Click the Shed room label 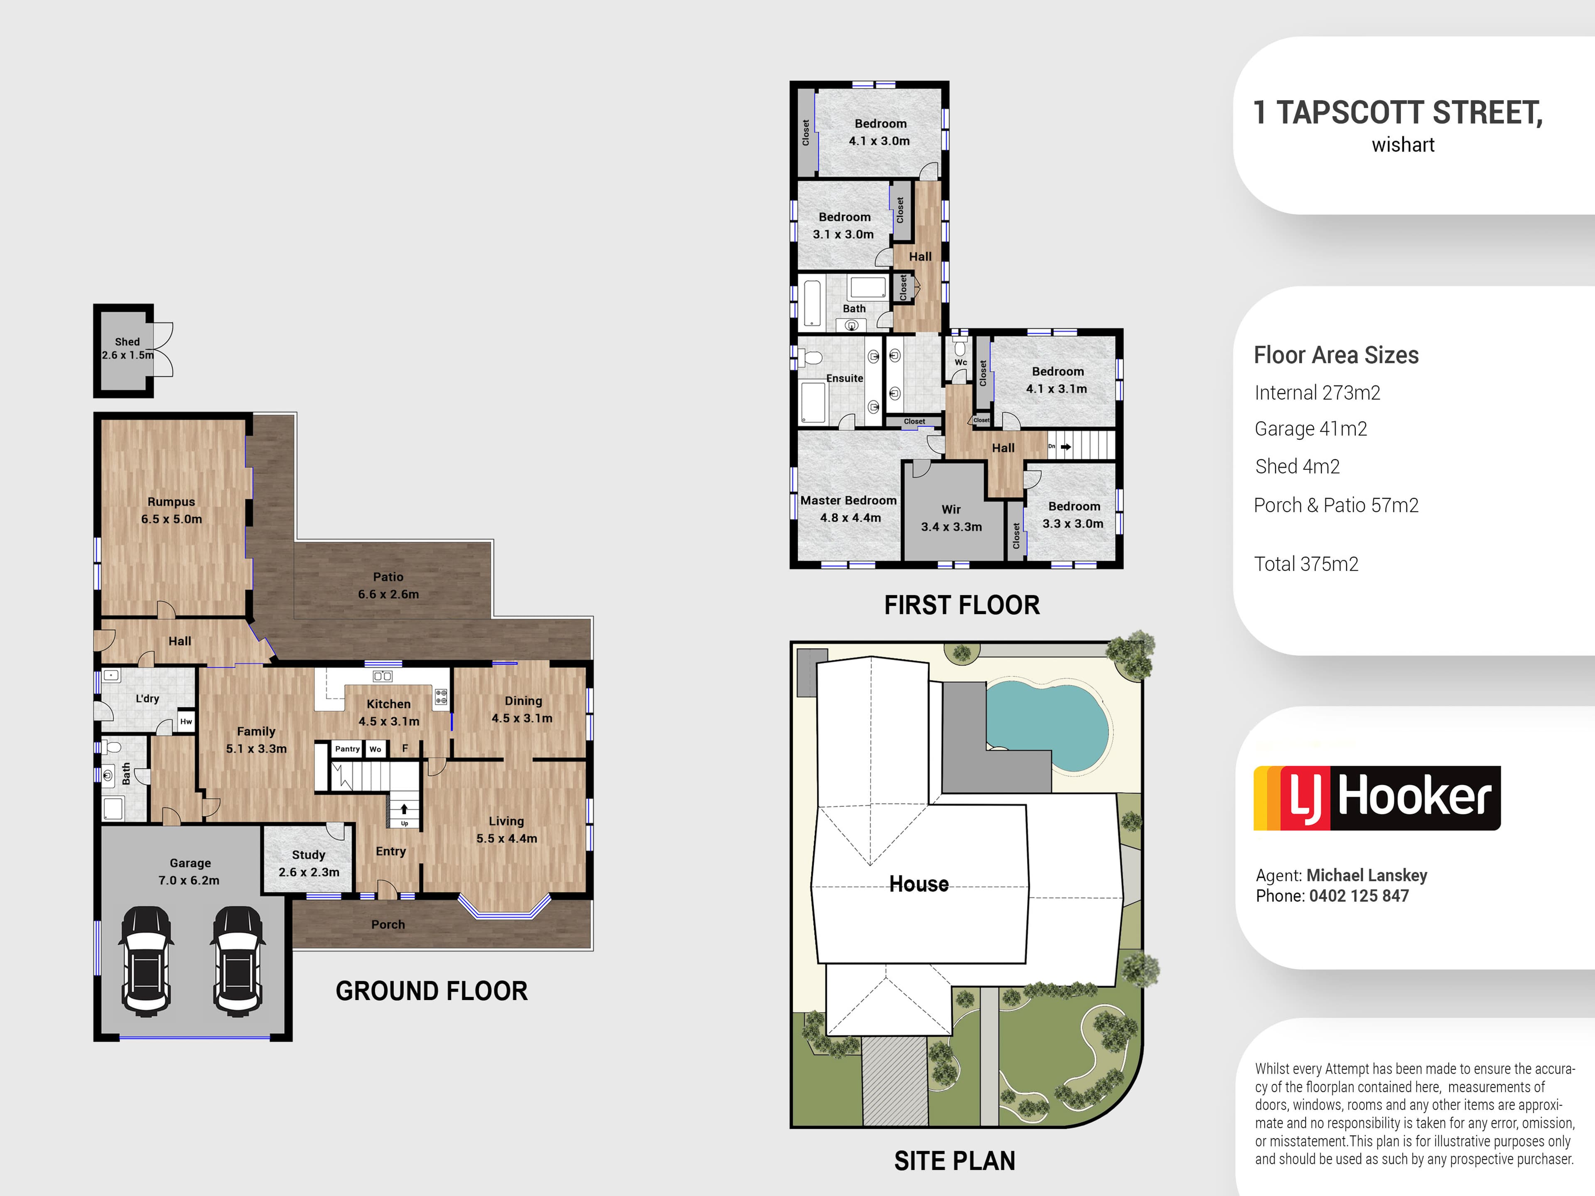127,342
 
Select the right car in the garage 238,961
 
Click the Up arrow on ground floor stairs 405,809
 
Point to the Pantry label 347,749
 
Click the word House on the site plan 919,884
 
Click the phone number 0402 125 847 1359,896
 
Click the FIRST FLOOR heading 962,605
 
